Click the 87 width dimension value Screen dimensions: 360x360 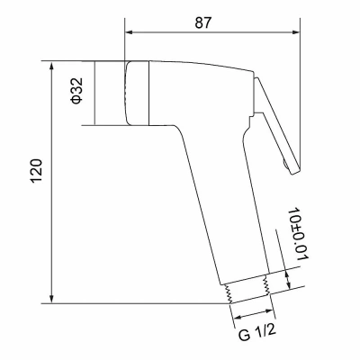point(203,22)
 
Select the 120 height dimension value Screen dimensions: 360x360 point(37,170)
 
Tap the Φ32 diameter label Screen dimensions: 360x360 point(76,91)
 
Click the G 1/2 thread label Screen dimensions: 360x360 point(257,332)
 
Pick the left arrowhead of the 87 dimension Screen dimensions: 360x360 point(130,32)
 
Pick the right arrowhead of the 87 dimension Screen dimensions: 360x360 point(295,32)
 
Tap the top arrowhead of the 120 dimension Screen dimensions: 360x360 point(52,66)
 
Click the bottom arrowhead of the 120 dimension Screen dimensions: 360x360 point(52,299)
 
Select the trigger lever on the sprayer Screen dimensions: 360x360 point(276,125)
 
